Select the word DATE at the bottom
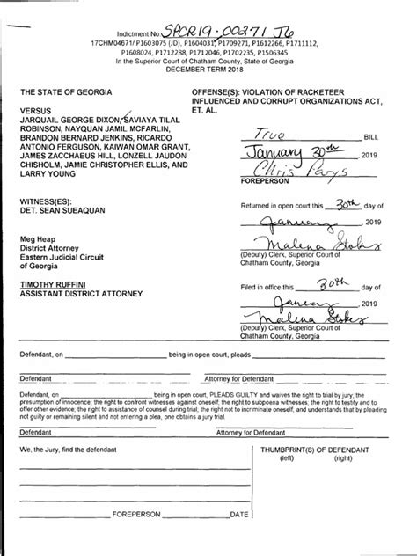point(238,537)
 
